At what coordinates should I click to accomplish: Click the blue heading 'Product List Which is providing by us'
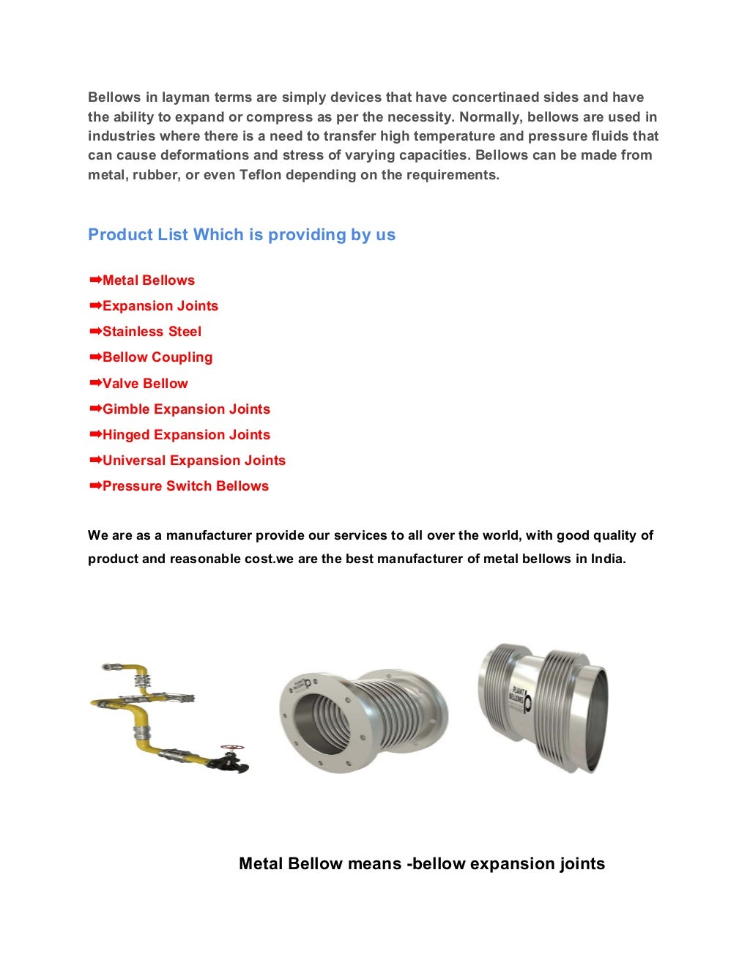242,235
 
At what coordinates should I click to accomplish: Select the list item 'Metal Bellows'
148,280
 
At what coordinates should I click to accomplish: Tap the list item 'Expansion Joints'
160,306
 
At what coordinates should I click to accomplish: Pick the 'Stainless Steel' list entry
152,332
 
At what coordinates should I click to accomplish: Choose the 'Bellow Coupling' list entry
157,357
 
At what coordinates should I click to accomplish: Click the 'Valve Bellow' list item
145,384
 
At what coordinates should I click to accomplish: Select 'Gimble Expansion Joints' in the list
186,409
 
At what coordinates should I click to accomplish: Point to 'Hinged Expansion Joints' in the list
186,435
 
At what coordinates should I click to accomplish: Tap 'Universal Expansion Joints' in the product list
193,461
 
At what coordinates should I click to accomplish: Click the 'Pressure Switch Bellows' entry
185,486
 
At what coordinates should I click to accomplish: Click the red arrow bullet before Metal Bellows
94,280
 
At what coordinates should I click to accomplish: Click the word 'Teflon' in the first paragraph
260,175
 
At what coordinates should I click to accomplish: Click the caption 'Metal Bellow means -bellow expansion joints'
422,864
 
